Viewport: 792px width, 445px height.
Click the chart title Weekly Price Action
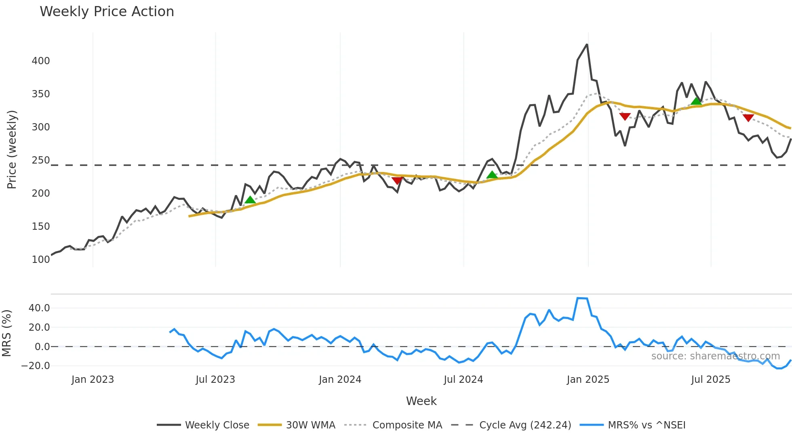tap(107, 12)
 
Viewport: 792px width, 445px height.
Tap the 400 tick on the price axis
tap(41, 61)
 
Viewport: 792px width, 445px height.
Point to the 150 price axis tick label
tap(41, 227)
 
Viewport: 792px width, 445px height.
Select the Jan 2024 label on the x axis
tap(340, 380)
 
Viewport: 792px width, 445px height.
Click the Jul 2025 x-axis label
tap(710, 380)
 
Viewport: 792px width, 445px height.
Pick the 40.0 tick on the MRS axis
tap(39, 308)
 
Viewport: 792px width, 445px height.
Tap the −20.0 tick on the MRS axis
tap(36, 366)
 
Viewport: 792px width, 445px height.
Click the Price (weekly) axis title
tap(12, 149)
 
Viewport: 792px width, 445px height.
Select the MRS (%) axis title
tap(6, 333)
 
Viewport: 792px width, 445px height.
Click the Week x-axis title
tap(421, 401)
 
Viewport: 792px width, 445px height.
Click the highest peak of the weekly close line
tap(587, 44)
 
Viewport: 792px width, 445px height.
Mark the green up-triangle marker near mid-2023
tap(250, 200)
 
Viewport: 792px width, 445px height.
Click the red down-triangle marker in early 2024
tap(397, 181)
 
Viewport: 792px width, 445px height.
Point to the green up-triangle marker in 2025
tap(696, 101)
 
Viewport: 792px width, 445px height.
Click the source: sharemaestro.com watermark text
tap(715, 356)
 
